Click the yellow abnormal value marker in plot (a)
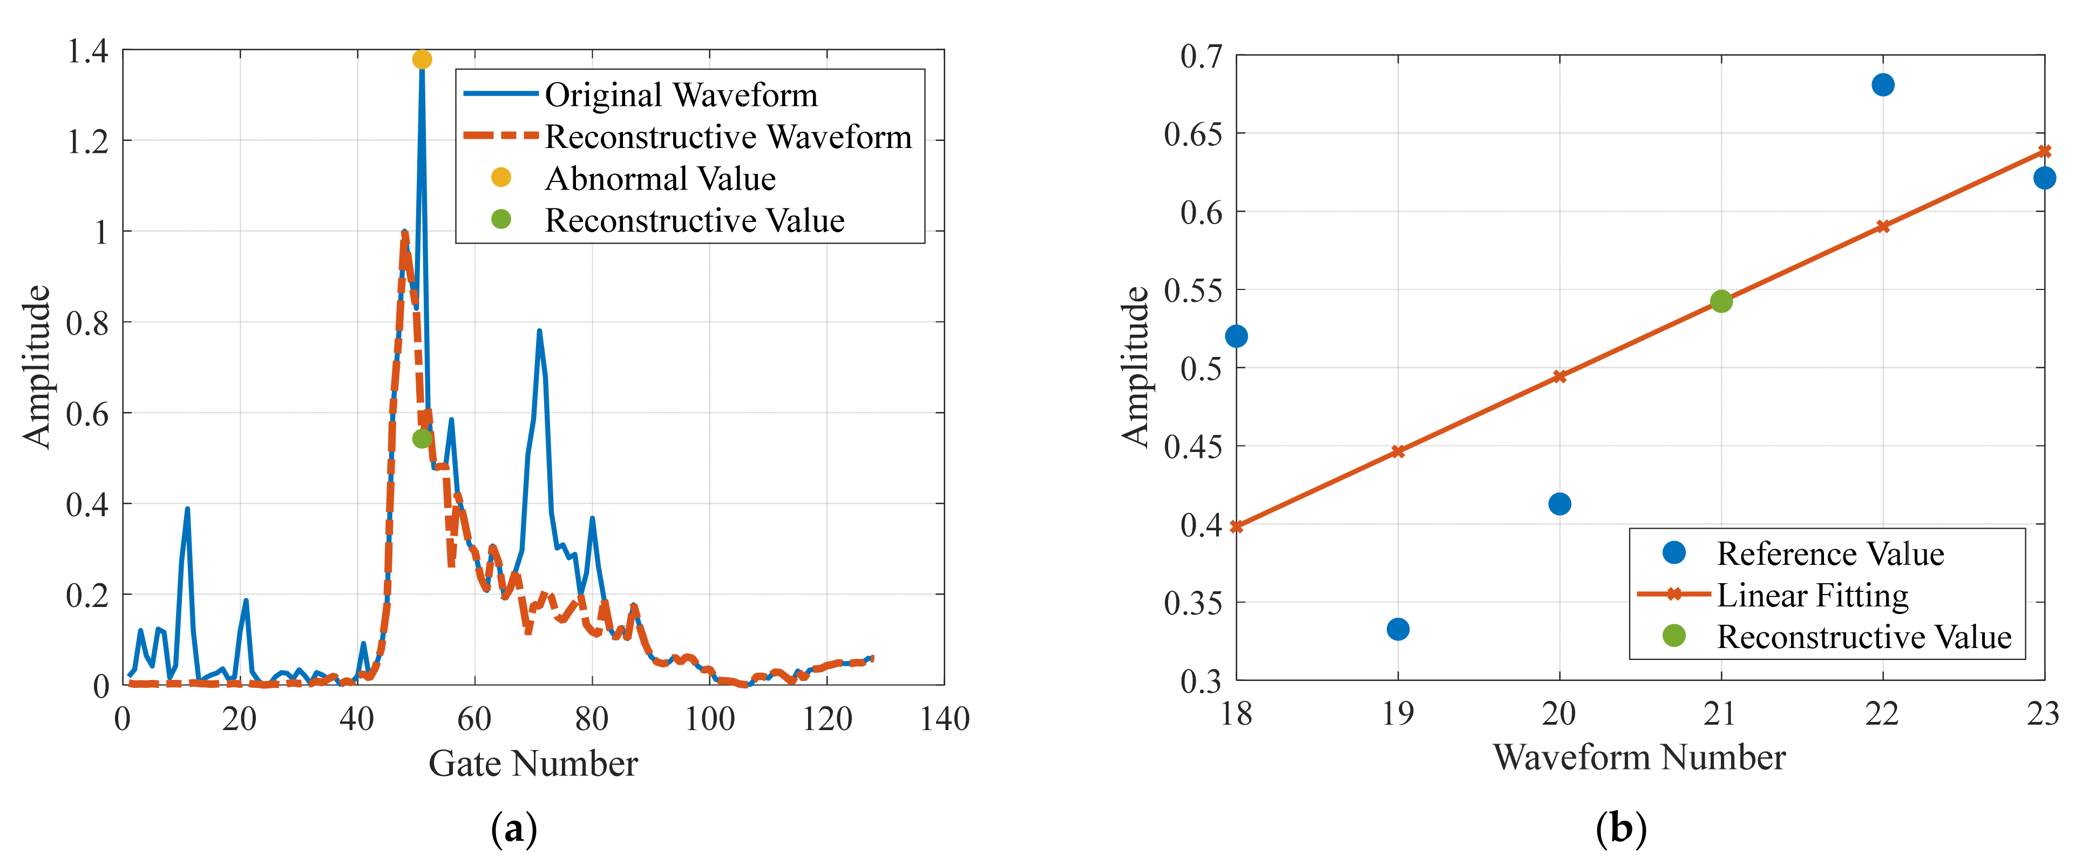coord(421,59)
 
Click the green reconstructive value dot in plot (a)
coord(421,438)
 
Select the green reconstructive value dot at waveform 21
coord(1720,301)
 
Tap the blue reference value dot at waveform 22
coord(1882,85)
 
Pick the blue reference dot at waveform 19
coord(1398,629)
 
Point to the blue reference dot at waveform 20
coord(1559,504)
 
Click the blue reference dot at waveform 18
coord(1237,336)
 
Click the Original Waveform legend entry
coord(681,95)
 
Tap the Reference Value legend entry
coord(1829,553)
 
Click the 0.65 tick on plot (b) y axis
coord(1192,134)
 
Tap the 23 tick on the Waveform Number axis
coord(2042,713)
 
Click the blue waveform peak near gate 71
coord(539,330)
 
